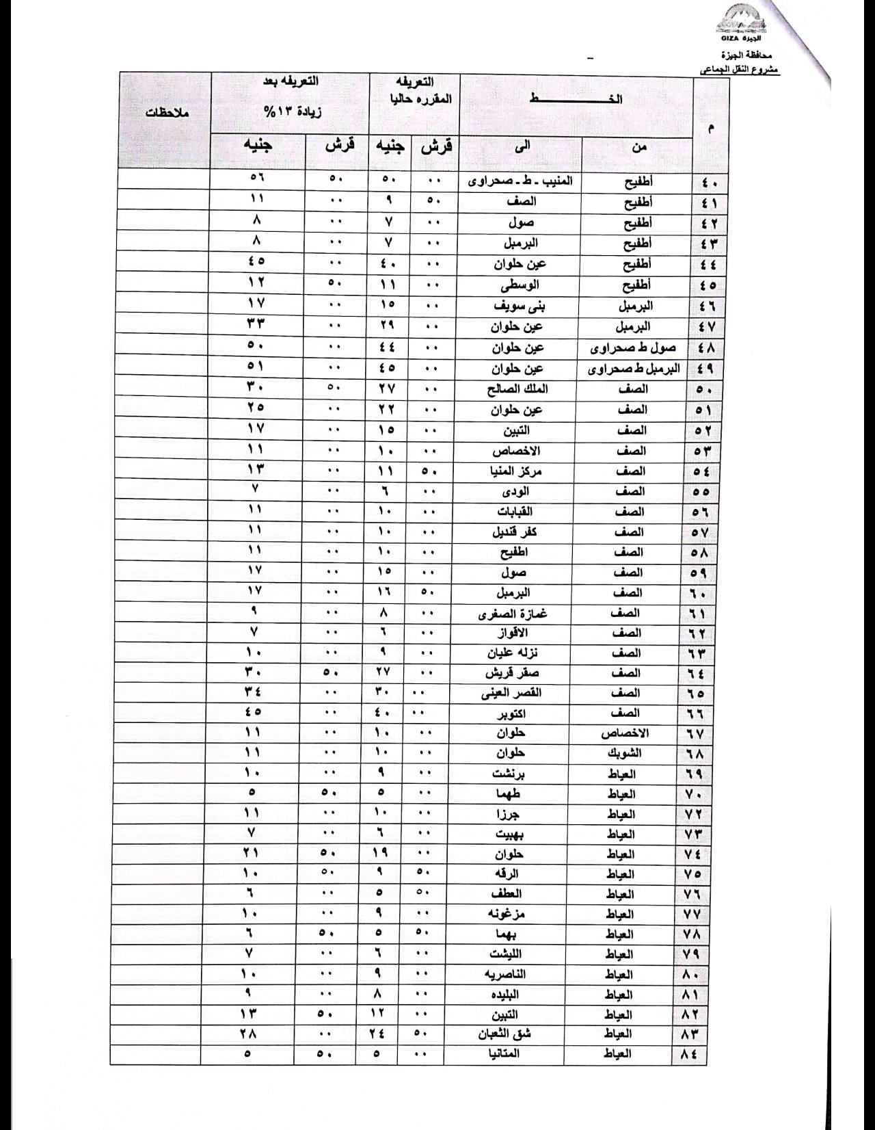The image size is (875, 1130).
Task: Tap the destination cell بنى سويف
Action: (520, 305)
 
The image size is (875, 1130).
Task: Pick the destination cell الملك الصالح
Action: (518, 389)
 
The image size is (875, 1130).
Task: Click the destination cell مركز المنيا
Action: (517, 471)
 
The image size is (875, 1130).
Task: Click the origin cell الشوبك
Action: (623, 754)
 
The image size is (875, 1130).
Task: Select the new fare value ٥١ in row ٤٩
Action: (256, 368)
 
